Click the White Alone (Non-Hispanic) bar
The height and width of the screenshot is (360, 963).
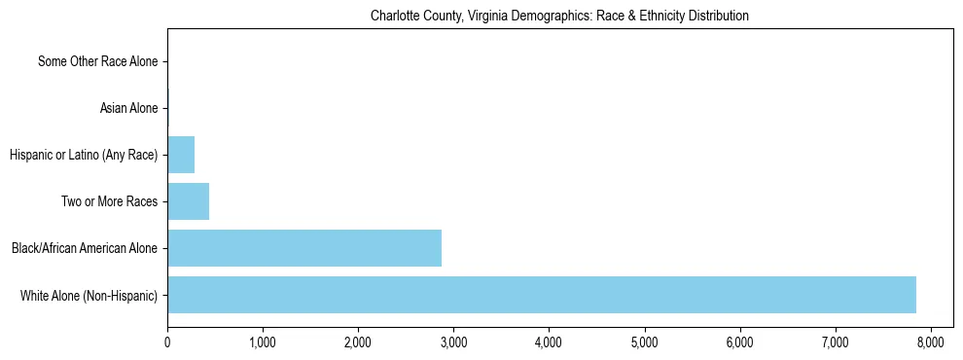point(542,295)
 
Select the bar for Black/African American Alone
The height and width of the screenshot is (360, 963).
point(304,248)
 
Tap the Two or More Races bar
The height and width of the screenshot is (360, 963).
point(189,201)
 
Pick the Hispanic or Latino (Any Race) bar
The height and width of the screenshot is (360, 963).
point(181,155)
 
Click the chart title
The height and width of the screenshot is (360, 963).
point(559,17)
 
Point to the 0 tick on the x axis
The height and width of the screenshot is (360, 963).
point(167,342)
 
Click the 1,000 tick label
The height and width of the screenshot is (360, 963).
point(263,342)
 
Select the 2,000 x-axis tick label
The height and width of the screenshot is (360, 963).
point(358,342)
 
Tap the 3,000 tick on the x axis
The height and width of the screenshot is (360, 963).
point(453,342)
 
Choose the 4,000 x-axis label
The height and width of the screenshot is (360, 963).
point(549,342)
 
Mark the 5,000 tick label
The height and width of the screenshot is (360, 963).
point(644,342)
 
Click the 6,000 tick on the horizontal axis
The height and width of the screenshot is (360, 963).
point(739,342)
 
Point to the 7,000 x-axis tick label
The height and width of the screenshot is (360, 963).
point(835,342)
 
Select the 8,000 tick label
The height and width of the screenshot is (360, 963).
point(930,342)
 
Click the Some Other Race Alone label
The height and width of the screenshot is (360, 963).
point(97,62)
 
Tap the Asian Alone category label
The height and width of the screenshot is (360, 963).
point(128,109)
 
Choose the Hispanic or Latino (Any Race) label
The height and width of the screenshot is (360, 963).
point(83,156)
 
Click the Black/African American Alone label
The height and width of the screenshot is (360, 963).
point(84,249)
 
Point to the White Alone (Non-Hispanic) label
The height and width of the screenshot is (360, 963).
point(89,296)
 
